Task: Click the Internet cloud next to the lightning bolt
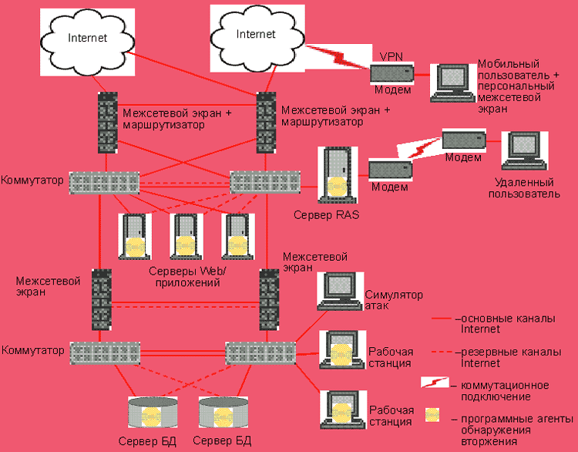[x=255, y=35]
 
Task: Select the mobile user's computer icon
[x=452, y=80]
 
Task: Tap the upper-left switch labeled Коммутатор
[x=105, y=183]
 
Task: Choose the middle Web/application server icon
[x=186, y=236]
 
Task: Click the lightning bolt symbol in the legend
[x=435, y=383]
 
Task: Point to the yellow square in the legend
[x=432, y=414]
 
